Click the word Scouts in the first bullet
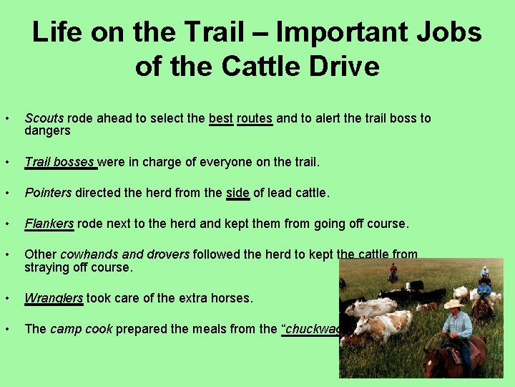tap(44, 118)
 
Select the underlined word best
tap(221, 118)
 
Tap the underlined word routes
tap(255, 118)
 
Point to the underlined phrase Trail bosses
tap(59, 162)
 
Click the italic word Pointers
tap(48, 193)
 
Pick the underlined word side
tap(237, 193)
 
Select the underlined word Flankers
tap(49, 224)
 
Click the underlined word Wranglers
tap(54, 298)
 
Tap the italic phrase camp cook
tap(81, 329)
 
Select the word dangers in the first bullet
tap(47, 130)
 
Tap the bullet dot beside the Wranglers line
tap(6, 298)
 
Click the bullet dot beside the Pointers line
tap(6, 193)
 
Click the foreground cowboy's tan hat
tap(453, 304)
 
